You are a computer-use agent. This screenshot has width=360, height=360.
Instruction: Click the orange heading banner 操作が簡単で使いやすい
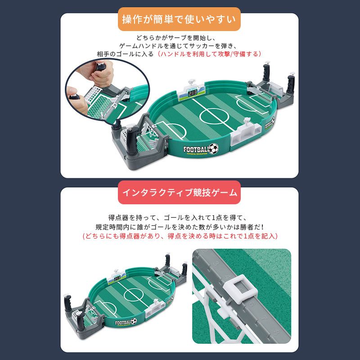point(179,19)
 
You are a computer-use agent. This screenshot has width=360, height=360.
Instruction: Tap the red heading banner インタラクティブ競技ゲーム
point(179,193)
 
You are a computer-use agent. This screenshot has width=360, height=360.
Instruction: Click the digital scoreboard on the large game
point(192,93)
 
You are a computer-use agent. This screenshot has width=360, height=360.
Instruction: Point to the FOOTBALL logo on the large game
point(201,149)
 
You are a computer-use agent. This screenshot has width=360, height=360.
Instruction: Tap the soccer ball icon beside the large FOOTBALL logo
point(214,148)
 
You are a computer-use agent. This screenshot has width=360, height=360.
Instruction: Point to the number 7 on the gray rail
point(265,318)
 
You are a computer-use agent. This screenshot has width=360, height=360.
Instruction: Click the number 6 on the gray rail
point(252,304)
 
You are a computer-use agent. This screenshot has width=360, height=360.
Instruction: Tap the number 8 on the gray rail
point(277,332)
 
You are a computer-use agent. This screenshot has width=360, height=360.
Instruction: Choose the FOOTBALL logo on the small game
point(126,322)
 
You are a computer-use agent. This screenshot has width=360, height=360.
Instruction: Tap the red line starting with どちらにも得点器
point(180,236)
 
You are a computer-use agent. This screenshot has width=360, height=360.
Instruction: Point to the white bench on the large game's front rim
point(246,134)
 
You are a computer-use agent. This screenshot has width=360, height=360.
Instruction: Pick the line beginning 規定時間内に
point(180,227)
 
